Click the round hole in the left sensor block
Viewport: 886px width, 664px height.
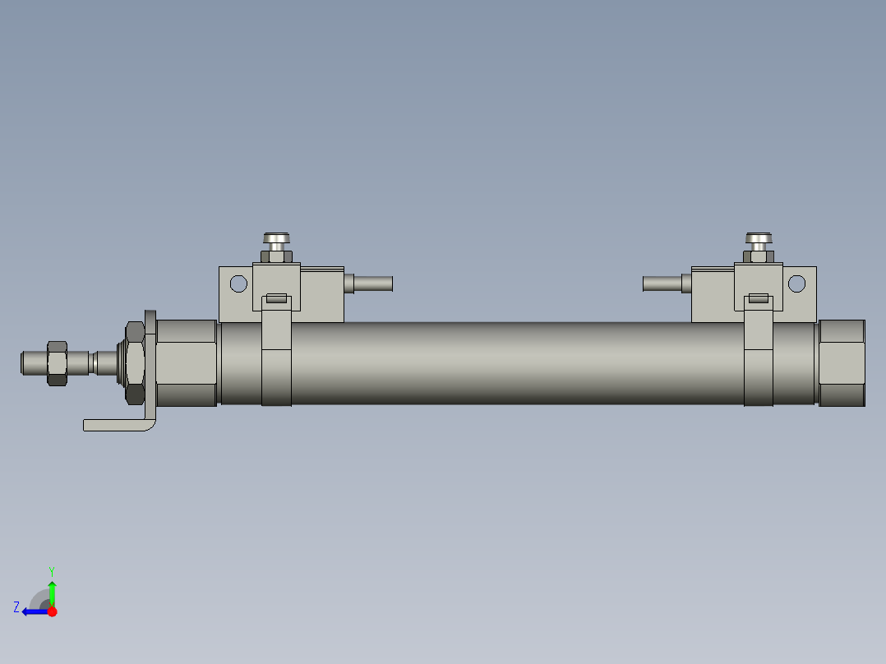tap(238, 284)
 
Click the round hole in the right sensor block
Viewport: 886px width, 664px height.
tap(796, 284)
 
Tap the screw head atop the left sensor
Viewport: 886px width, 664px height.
tap(277, 239)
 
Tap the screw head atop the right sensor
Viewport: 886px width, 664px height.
tap(759, 239)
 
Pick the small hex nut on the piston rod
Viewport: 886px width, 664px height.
tap(57, 362)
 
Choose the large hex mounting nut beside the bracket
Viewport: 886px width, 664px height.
tap(134, 362)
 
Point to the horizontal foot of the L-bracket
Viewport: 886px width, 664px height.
tap(115, 425)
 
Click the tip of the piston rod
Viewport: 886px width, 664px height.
tap(25, 362)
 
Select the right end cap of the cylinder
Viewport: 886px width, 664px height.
tap(842, 362)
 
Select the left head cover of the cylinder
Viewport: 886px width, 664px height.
tap(186, 362)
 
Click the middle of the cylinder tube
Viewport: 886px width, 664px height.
tap(518, 362)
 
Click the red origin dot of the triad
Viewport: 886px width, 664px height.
tap(52, 611)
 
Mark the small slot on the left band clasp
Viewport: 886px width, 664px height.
tap(276, 298)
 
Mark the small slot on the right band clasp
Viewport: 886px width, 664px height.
tap(759, 298)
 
